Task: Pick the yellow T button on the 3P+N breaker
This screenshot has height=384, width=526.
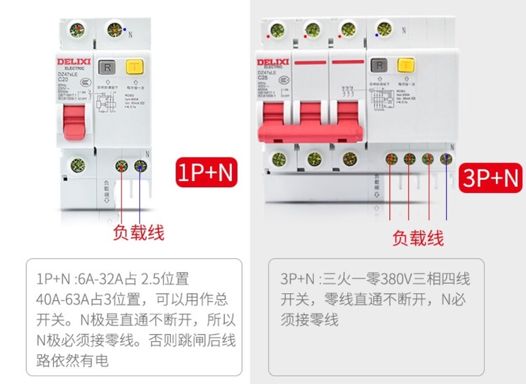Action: pyautogui.click(x=406, y=66)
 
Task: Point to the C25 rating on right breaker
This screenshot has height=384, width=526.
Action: pyautogui.click(x=264, y=78)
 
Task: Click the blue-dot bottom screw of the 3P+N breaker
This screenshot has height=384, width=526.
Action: pyautogui.click(x=446, y=159)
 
